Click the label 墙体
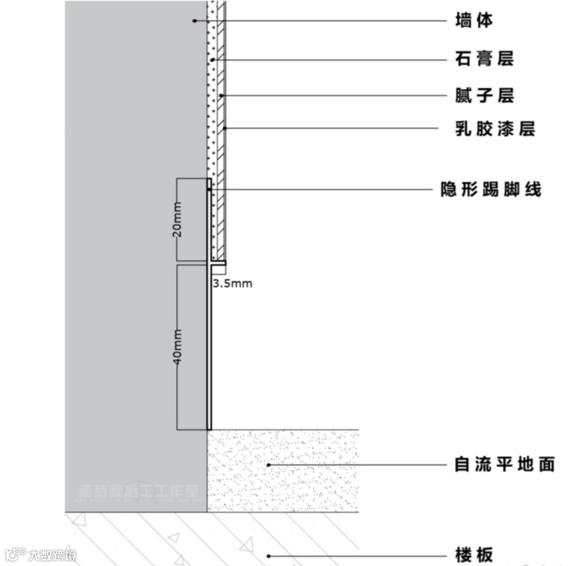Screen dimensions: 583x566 pyautogui.click(x=474, y=21)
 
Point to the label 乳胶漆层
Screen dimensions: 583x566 pyautogui.click(x=495, y=130)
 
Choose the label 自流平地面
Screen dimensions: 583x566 pyautogui.click(x=505, y=465)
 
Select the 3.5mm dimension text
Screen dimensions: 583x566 pyautogui.click(x=233, y=284)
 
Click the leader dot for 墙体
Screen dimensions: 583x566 pyautogui.click(x=194, y=21)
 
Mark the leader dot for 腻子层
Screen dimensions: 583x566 pyautogui.click(x=221, y=96)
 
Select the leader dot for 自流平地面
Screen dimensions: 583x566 pyautogui.click(x=268, y=465)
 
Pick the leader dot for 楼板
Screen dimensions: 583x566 pyautogui.click(x=268, y=555)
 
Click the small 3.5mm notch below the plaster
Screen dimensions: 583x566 pyautogui.click(x=218, y=268)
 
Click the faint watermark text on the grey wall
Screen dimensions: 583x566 pyautogui.click(x=139, y=492)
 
